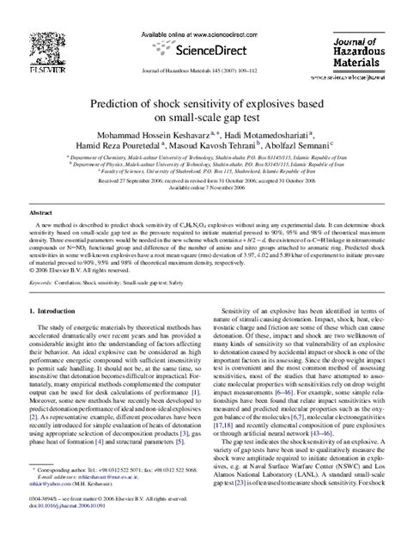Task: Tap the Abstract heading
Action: click(42, 210)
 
